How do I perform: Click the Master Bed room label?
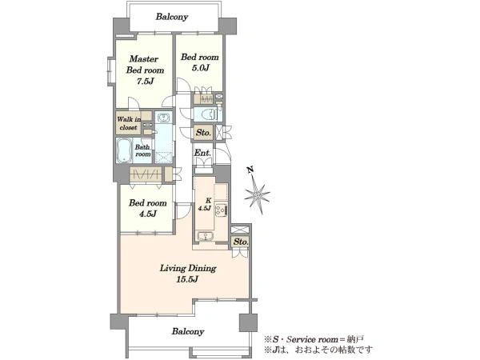[145, 70]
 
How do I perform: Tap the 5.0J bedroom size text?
[201, 68]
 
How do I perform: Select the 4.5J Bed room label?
[148, 208]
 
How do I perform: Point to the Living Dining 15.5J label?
[188, 274]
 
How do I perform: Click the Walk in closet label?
[129, 123]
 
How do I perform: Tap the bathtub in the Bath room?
[124, 150]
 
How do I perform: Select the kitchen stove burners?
[221, 210]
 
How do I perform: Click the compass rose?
[258, 194]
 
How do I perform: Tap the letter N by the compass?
[250, 170]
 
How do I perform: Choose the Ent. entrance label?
[202, 153]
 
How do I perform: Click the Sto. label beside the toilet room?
[203, 133]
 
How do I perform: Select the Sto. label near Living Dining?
[241, 242]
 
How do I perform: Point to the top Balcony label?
[172, 17]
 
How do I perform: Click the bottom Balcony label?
[188, 331]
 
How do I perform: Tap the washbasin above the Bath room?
[164, 118]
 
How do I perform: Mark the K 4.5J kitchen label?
[205, 205]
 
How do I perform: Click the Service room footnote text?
[314, 339]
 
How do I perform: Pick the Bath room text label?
[142, 150]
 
